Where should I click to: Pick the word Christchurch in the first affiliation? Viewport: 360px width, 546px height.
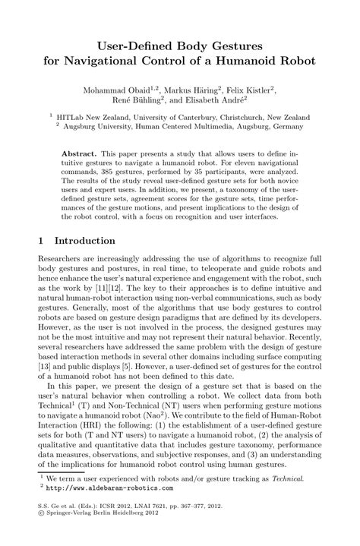[234, 118]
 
